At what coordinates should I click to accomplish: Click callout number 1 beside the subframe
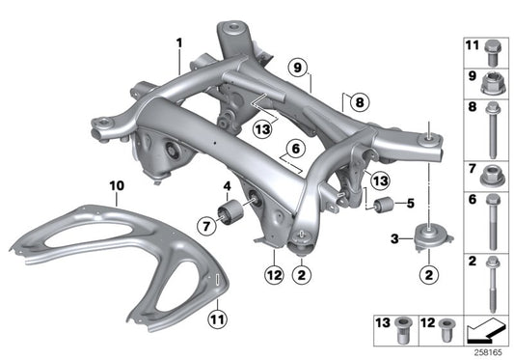click(x=179, y=42)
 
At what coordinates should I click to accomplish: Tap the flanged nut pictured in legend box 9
click(x=490, y=80)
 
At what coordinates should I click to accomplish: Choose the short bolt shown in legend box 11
click(x=491, y=46)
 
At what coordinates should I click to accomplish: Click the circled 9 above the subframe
click(x=297, y=67)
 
